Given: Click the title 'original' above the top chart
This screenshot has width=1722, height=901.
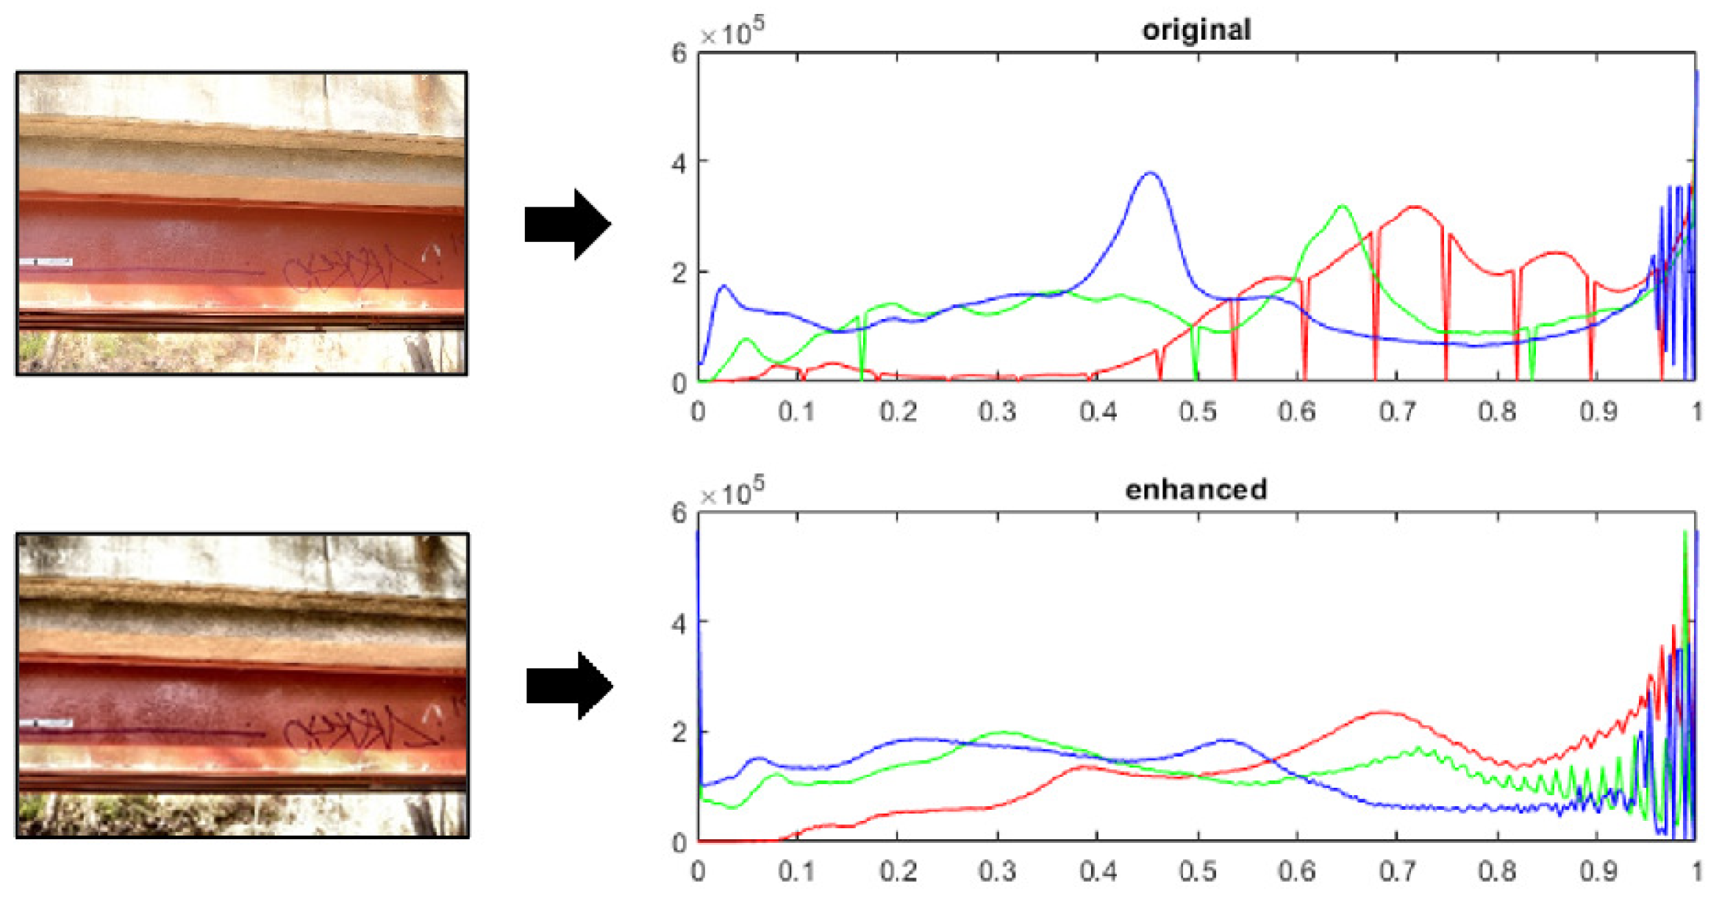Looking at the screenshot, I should tap(1196, 30).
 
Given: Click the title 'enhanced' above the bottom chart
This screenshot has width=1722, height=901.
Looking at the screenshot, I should tap(1196, 489).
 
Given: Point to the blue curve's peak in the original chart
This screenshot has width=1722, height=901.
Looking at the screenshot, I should tap(1150, 173).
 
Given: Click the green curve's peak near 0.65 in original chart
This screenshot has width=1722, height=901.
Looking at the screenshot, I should tap(1343, 207).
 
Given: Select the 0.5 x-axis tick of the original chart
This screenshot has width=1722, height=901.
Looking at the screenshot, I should tap(1198, 412).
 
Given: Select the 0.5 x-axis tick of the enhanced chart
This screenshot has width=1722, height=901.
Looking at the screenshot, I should tap(1198, 872).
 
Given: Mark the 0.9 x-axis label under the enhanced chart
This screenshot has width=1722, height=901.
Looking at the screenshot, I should tap(1598, 872).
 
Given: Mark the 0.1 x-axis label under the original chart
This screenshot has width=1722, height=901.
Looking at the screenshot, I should tap(797, 412).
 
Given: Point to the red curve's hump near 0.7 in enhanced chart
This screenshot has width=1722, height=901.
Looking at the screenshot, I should tap(1384, 712).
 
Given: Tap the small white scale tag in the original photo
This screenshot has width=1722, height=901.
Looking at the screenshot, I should tap(46, 262).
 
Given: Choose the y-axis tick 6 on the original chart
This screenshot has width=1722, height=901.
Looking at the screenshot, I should tap(679, 53).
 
